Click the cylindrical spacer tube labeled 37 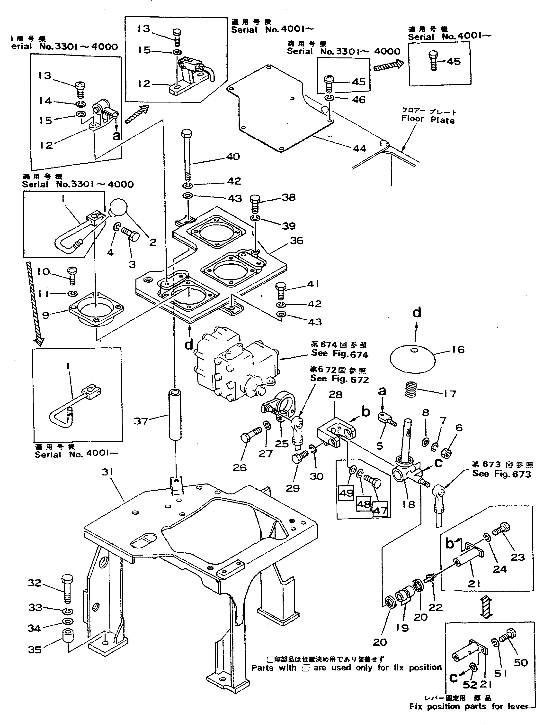(175, 414)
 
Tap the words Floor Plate (428, 119)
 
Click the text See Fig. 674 (339, 354)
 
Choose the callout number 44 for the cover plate (359, 149)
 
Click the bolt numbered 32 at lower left (67, 589)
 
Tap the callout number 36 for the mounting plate (296, 240)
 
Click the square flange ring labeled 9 (96, 312)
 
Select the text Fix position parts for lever (469, 716)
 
